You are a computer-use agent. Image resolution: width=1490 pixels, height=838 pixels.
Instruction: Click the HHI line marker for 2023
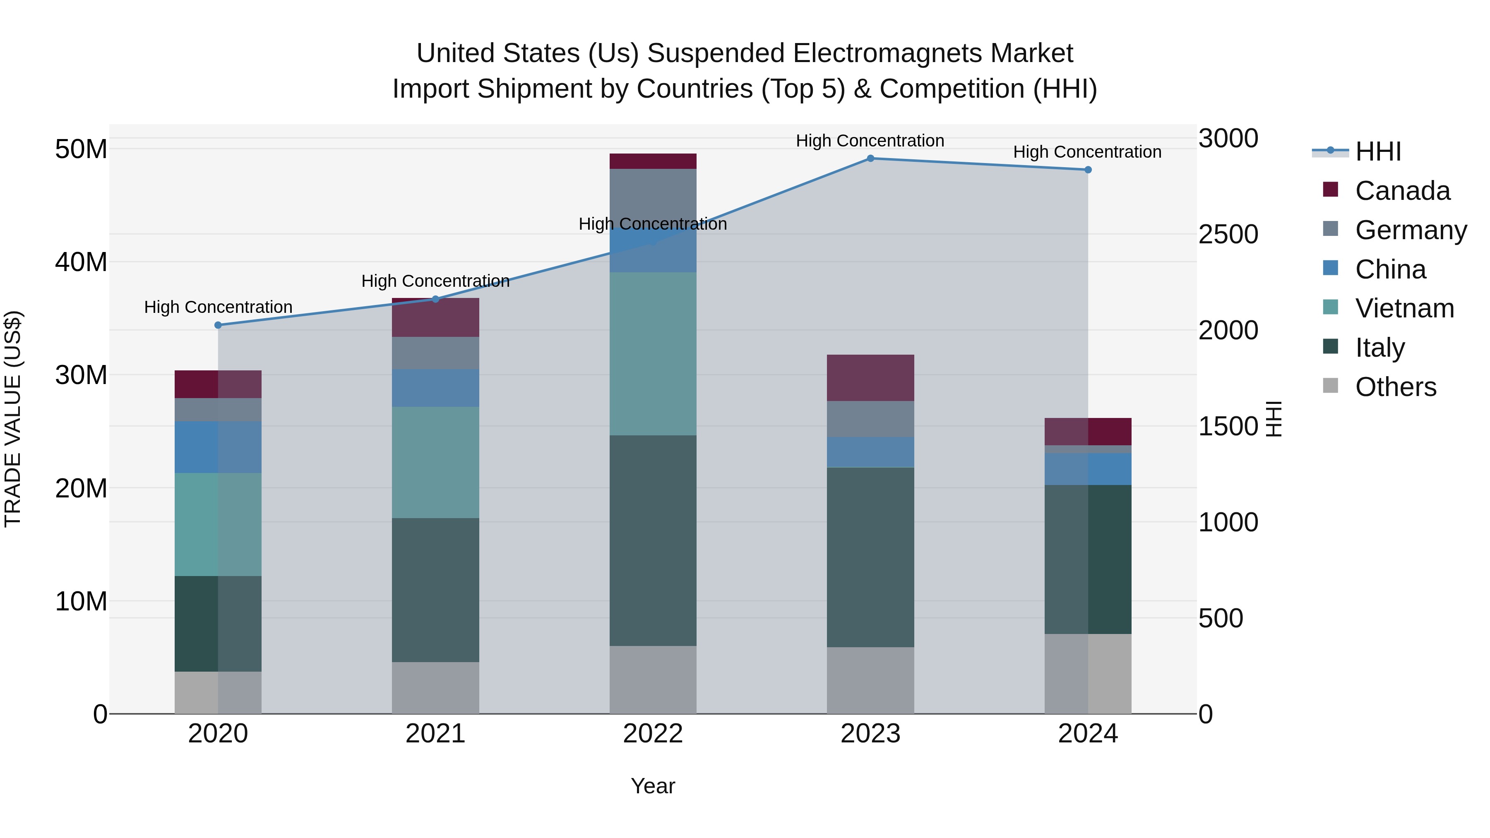click(x=870, y=158)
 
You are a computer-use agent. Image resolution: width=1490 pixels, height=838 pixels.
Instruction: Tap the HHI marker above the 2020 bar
click(x=218, y=325)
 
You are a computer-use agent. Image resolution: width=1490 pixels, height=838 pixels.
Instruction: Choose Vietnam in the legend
click(x=1404, y=308)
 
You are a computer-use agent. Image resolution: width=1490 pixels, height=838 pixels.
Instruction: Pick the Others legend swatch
click(x=1330, y=386)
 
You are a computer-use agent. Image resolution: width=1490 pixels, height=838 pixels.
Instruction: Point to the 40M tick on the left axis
click(x=81, y=262)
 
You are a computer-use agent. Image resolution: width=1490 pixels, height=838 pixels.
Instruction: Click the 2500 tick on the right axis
click(x=1228, y=234)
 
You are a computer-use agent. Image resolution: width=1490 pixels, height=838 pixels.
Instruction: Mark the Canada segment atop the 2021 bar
click(x=435, y=317)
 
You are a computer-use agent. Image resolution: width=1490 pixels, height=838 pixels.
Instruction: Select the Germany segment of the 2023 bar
click(x=870, y=419)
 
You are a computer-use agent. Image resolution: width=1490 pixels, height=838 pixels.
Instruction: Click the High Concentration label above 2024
click(x=1087, y=152)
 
